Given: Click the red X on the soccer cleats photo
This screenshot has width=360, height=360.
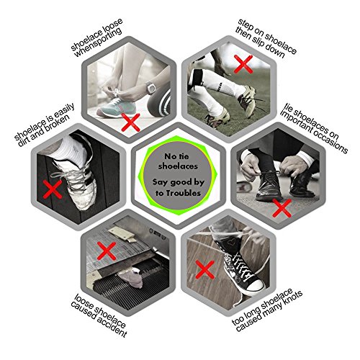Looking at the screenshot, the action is [243, 64].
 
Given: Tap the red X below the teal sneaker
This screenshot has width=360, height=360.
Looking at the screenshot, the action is [130, 122].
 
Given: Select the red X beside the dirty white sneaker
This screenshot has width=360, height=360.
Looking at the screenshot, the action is [53, 189].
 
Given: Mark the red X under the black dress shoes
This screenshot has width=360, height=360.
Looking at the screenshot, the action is [282, 208].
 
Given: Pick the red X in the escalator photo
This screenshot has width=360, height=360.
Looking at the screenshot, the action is [107, 251].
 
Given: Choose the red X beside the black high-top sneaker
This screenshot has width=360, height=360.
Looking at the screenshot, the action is [204, 269].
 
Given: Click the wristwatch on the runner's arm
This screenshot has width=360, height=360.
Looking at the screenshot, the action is [150, 88].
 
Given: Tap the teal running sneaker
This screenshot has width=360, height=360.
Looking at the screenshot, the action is [115, 108].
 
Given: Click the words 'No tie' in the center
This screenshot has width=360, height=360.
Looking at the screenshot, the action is [176, 156].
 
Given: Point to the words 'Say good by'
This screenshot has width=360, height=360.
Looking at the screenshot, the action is [179, 182].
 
